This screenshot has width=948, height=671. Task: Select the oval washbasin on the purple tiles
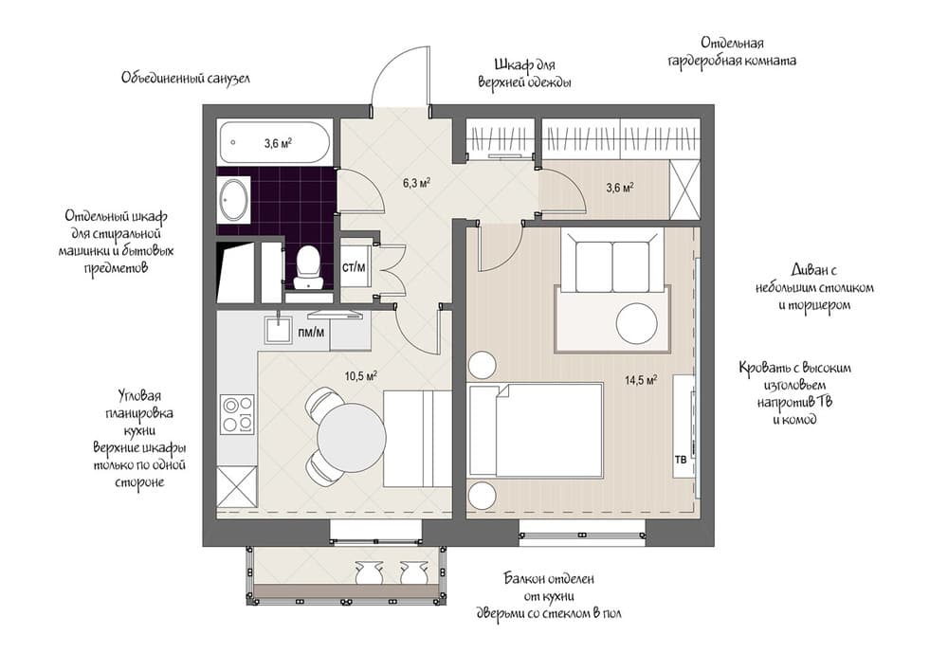pyautogui.click(x=233, y=199)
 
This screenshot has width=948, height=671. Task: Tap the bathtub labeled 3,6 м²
pyautogui.click(x=274, y=143)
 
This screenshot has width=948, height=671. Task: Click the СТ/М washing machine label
pyautogui.click(x=354, y=267)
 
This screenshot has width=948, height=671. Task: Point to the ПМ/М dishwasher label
pyautogui.click(x=311, y=333)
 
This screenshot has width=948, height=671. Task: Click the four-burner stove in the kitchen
pyautogui.click(x=237, y=413)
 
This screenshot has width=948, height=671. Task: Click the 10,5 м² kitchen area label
pyautogui.click(x=361, y=376)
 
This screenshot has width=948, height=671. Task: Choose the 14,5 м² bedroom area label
pyautogui.click(x=641, y=380)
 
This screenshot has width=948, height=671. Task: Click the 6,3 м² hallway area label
pyautogui.click(x=416, y=183)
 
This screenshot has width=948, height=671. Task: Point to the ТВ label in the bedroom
pyautogui.click(x=680, y=460)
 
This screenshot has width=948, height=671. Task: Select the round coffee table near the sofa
pyautogui.click(x=637, y=323)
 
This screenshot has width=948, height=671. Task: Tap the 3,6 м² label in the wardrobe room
pyautogui.click(x=620, y=188)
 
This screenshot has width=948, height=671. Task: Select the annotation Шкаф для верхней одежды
pyautogui.click(x=525, y=73)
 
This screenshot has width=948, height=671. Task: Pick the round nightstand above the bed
pyautogui.click(x=483, y=365)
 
